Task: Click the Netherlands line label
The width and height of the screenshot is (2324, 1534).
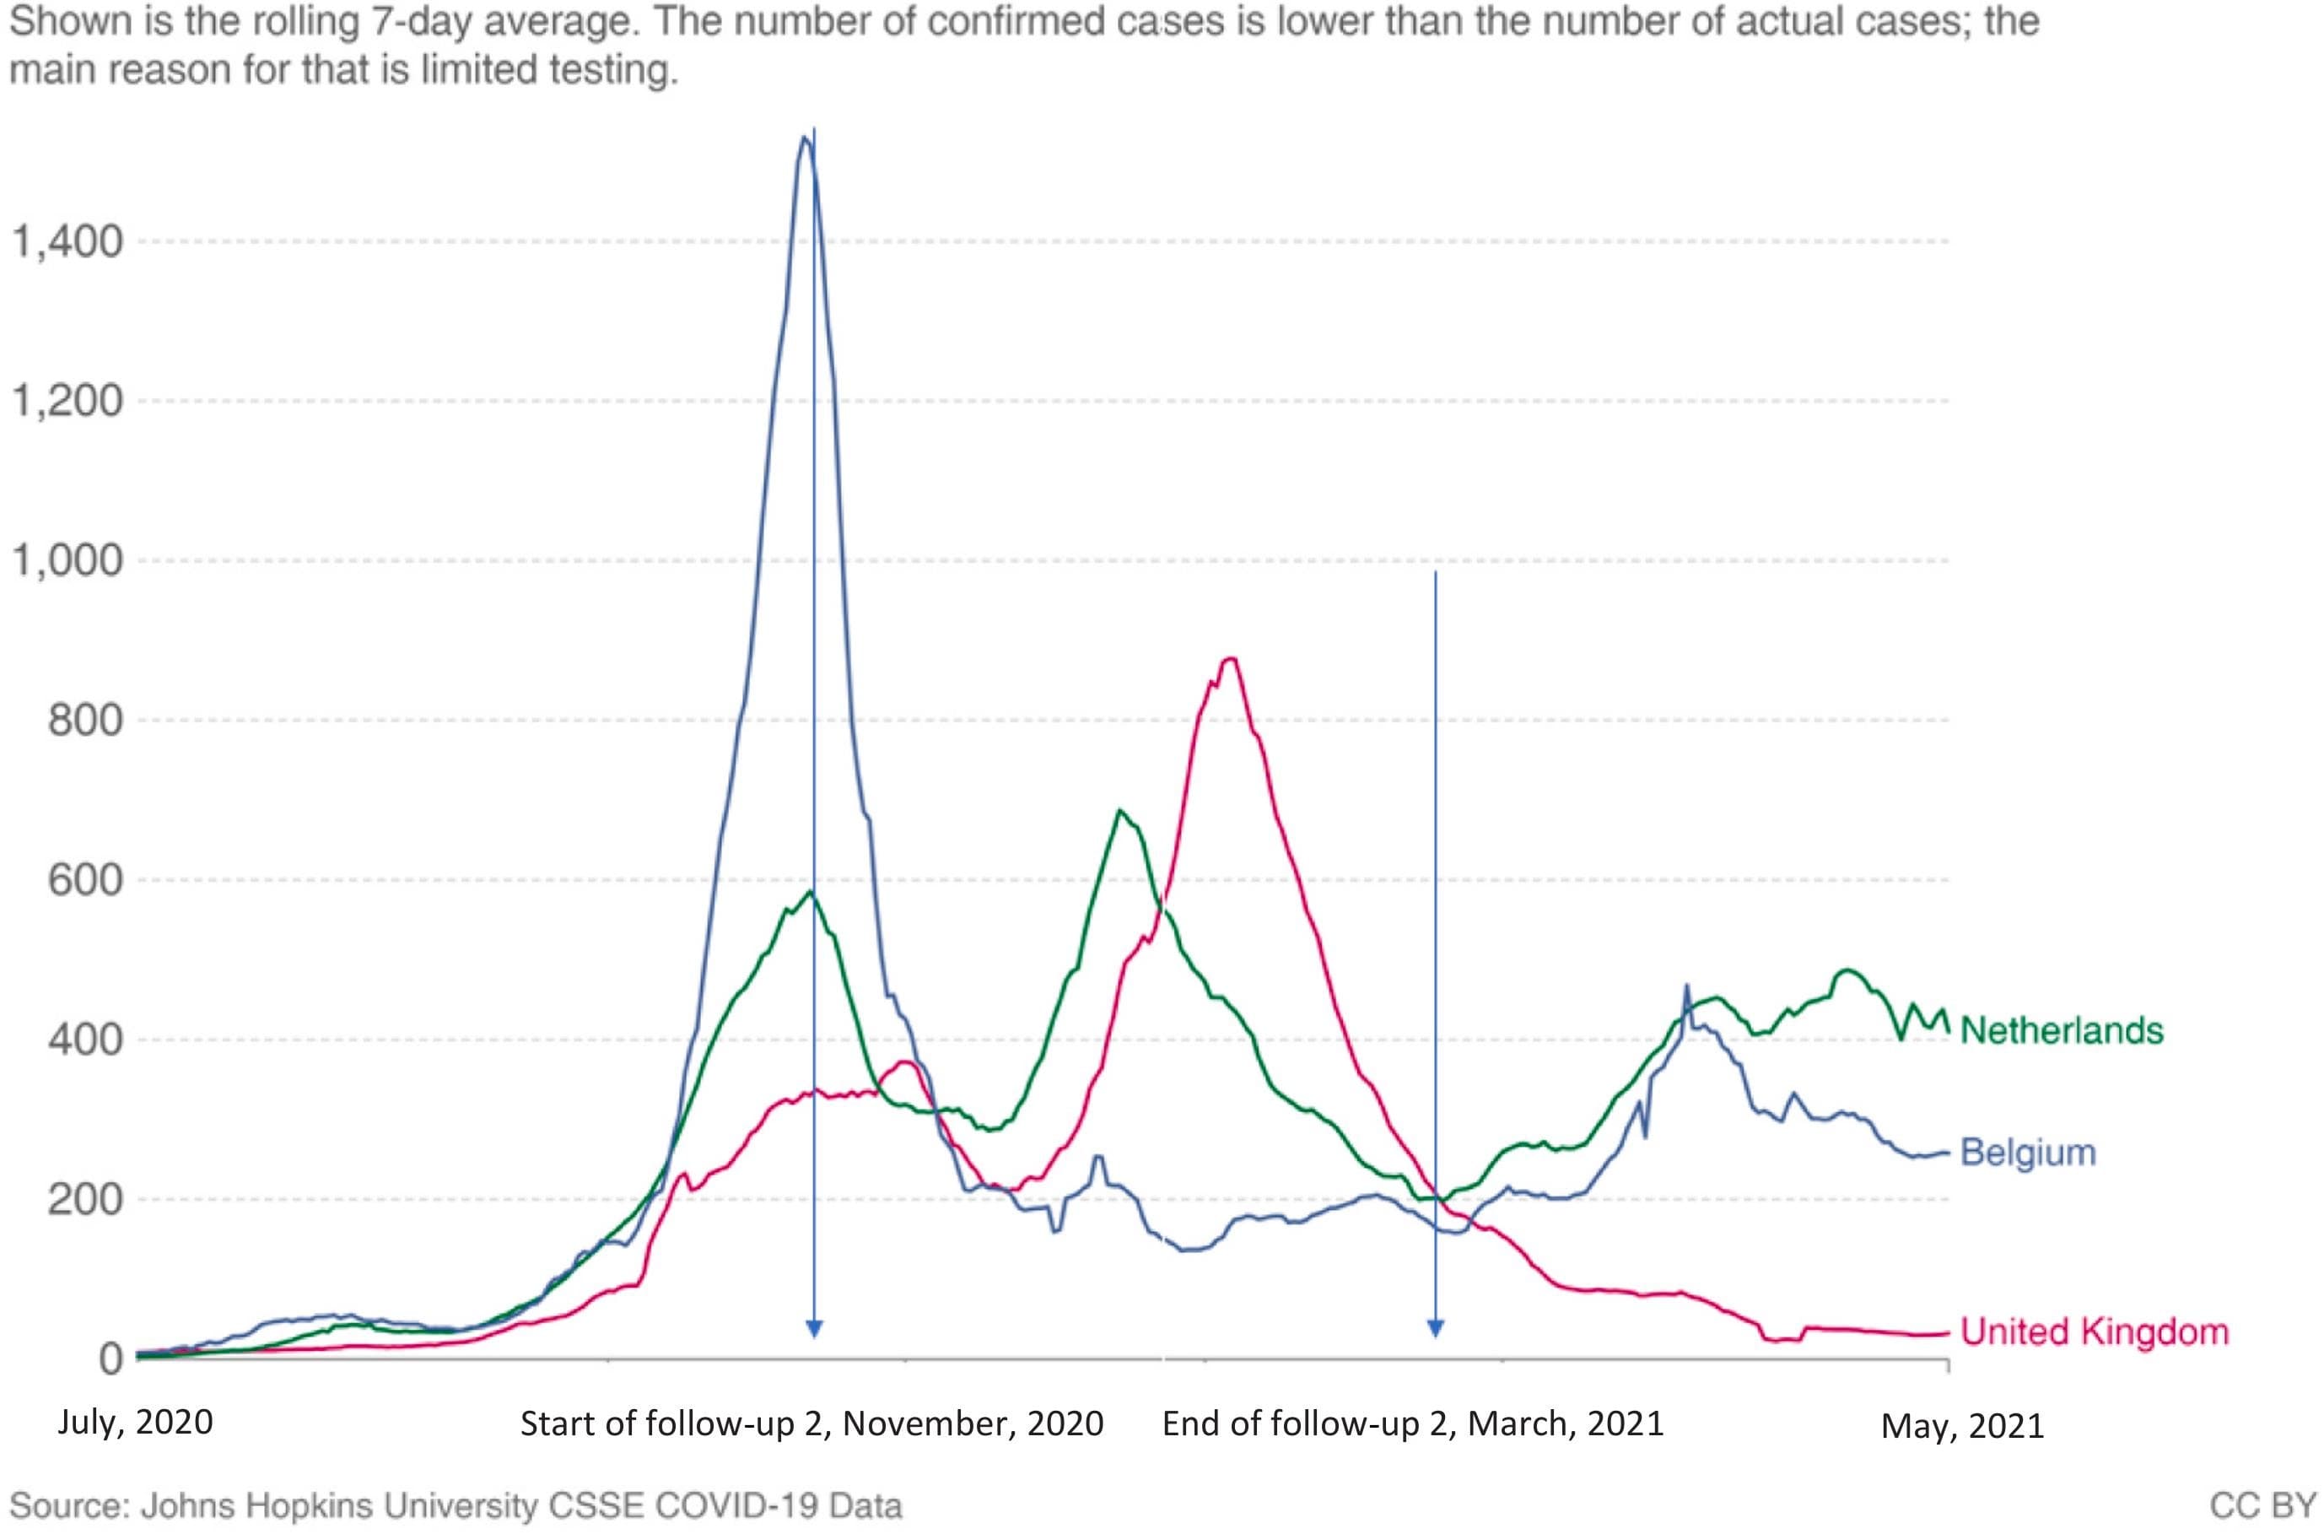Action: click(x=2061, y=1030)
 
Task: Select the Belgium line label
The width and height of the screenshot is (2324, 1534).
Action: click(x=2028, y=1153)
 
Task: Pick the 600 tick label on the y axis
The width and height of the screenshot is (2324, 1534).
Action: click(x=85, y=880)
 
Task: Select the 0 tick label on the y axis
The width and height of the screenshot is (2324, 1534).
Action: click(x=111, y=1358)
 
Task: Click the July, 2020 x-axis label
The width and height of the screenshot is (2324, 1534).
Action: click(x=135, y=1422)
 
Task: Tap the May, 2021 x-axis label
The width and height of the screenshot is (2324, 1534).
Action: click(x=1962, y=1426)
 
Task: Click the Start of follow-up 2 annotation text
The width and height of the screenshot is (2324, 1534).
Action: click(x=812, y=1423)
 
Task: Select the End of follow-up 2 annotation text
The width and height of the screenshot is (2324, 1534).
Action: click(x=1412, y=1423)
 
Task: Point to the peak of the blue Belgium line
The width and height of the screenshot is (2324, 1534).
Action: click(x=805, y=137)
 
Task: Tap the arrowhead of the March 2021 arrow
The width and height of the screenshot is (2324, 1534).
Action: click(x=1435, y=1329)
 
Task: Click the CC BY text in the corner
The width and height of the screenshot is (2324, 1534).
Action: click(x=2262, y=1504)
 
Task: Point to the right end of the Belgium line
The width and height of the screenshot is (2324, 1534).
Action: click(x=1946, y=1153)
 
